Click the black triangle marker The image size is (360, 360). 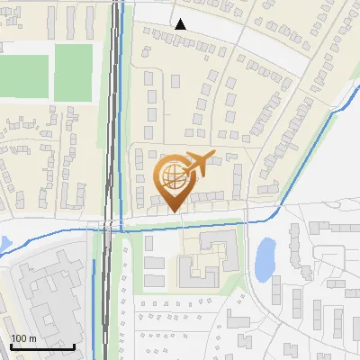pos(182,24)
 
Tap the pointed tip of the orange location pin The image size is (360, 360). pos(174,211)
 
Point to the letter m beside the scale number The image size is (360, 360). pos(32,338)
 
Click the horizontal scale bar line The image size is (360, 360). pos(42,346)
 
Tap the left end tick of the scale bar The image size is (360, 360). pos(10,345)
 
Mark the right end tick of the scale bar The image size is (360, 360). pos(75,345)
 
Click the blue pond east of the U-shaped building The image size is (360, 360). pos(265,259)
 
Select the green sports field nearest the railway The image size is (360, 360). pos(73,72)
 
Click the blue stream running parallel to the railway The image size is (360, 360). pos(121,135)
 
